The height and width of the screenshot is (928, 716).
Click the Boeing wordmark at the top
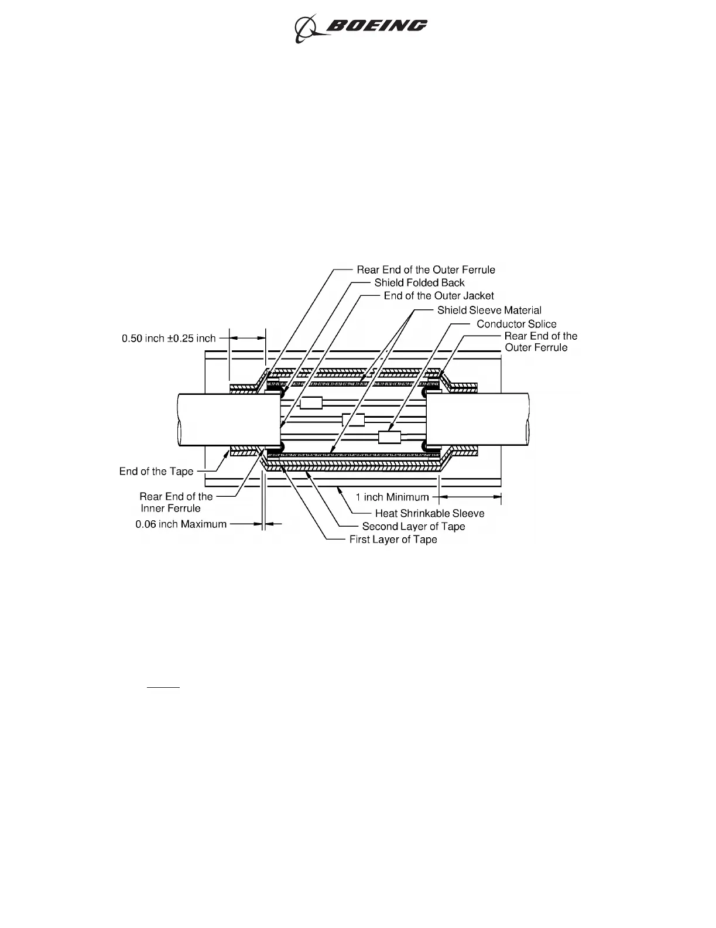click(x=376, y=26)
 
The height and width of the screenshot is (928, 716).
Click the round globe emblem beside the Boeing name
click(x=306, y=29)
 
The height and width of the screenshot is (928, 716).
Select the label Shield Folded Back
click(x=419, y=282)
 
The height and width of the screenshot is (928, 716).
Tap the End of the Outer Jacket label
click(x=438, y=296)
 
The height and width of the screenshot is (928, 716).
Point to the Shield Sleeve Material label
click(x=489, y=310)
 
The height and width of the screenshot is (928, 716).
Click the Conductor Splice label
click(x=516, y=323)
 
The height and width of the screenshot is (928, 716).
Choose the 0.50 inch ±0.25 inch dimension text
click(x=169, y=338)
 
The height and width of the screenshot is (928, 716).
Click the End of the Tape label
click(x=156, y=472)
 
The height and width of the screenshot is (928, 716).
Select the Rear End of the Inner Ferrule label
click(x=176, y=502)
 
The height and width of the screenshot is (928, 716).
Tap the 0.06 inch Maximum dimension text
click(x=181, y=524)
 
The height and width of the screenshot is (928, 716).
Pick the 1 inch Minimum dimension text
click(x=393, y=497)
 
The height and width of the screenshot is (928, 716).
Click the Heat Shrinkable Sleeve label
click(x=430, y=513)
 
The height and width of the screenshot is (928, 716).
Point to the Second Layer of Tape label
click(x=413, y=526)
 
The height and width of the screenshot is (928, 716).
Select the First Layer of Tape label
click(x=393, y=540)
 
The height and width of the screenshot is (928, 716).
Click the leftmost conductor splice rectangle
click(x=311, y=403)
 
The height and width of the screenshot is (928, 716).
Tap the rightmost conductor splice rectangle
click(x=389, y=437)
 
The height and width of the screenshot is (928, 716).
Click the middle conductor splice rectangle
click(x=353, y=419)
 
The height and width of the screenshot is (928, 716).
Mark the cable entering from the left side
click(x=228, y=419)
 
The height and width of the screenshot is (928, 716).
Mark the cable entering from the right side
click(x=477, y=419)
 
